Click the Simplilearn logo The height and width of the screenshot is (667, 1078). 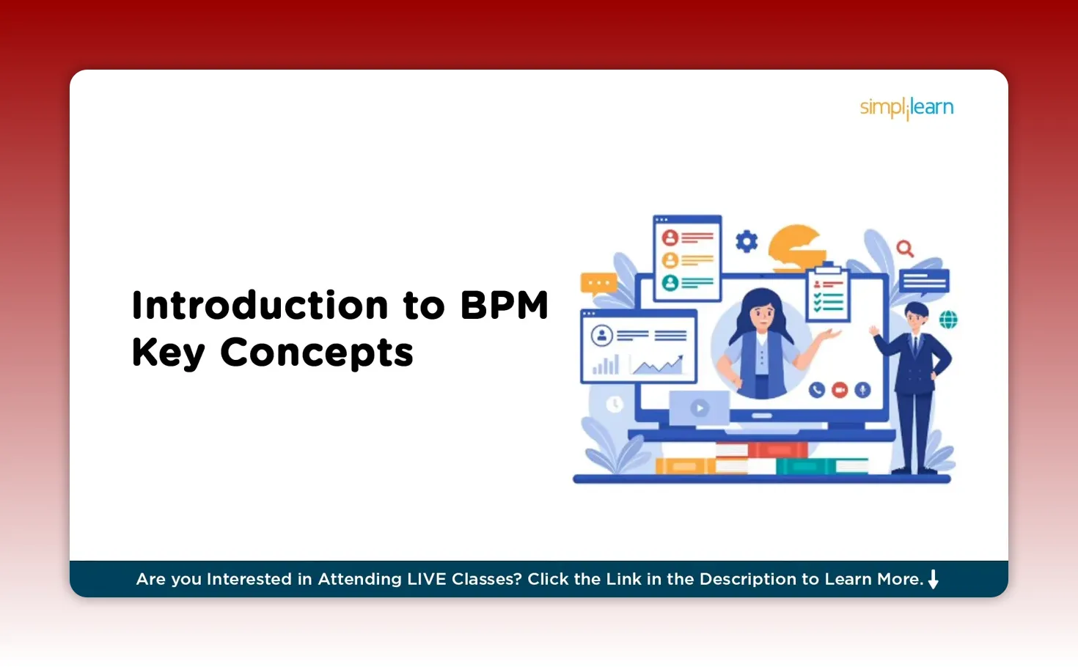(906, 108)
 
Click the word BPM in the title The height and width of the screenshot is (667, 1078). (505, 306)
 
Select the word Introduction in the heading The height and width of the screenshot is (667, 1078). (260, 306)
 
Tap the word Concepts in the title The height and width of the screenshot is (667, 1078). (317, 353)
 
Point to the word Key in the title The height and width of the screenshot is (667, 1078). (168, 353)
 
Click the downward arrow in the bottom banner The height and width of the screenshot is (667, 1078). (934, 579)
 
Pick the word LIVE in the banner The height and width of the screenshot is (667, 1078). (426, 579)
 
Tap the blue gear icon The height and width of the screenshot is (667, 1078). (747, 241)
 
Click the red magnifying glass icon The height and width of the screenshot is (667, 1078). (905, 248)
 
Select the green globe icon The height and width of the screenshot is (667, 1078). (948, 320)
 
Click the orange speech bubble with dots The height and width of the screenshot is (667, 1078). (598, 284)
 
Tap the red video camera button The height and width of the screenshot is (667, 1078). (840, 390)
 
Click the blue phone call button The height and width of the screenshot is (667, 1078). (817, 390)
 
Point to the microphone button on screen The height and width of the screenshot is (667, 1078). (862, 390)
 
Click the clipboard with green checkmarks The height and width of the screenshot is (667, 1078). (828, 295)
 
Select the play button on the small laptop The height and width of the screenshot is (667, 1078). (700, 408)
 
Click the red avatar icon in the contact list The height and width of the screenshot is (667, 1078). (670, 238)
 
